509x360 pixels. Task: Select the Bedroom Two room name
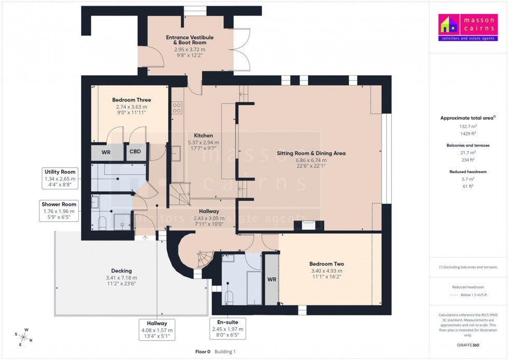[327, 264]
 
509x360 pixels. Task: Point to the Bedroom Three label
[131, 100]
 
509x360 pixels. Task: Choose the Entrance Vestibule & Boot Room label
[190, 40]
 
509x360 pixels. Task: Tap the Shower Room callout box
[59, 210]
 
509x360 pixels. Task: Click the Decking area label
[122, 271]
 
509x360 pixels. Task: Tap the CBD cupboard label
[135, 153]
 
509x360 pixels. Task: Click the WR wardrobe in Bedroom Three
[106, 153]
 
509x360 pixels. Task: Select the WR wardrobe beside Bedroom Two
[271, 279]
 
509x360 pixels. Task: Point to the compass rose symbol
[24, 337]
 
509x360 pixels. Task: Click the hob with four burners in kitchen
[177, 108]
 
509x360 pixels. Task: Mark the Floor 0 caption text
[202, 352]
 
